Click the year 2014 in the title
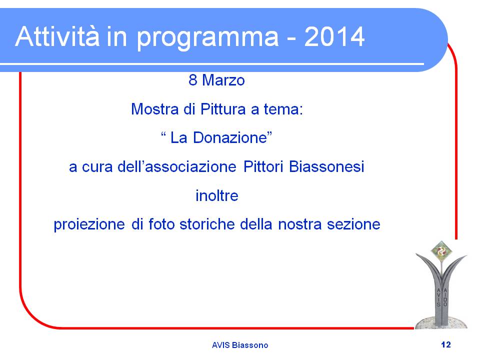point(334,36)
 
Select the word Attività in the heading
point(57,36)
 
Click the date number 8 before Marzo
point(192,80)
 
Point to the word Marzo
point(223,80)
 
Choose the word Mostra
point(155,109)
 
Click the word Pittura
point(223,109)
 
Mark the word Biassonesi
point(326,167)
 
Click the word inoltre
point(216,195)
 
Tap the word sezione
point(353,224)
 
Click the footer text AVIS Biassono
point(240,345)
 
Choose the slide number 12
point(446,344)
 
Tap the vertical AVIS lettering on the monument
point(438,297)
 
